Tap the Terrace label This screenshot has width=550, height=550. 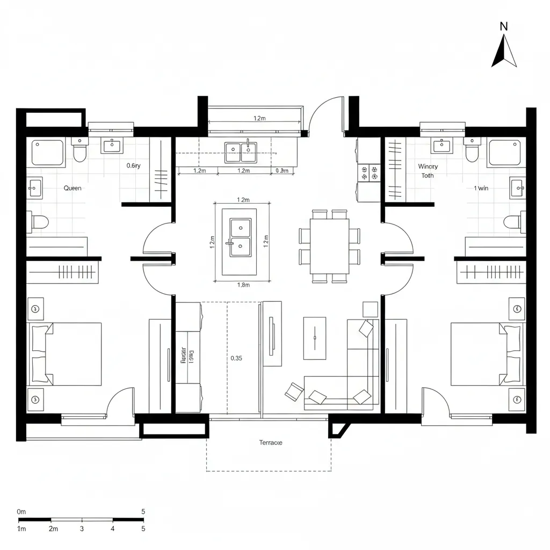tap(270, 443)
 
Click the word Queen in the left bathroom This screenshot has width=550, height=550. tap(73, 188)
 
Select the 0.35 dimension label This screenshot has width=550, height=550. tap(236, 358)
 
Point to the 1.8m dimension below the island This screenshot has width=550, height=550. tap(243, 285)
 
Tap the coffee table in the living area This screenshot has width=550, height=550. tap(314, 337)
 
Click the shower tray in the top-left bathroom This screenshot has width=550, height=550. tap(48, 152)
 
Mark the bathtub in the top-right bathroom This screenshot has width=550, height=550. tap(505, 151)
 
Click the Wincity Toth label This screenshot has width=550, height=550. tap(428, 171)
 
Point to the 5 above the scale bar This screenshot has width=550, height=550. tap(143, 511)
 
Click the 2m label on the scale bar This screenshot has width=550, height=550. tap(53, 529)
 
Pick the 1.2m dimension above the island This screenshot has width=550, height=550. tap(243, 200)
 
